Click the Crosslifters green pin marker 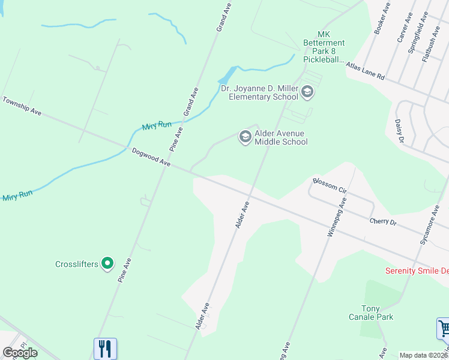point(107,263)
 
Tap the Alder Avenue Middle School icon point(245,137)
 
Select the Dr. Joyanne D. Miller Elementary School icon point(307,92)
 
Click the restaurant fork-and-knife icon point(105,348)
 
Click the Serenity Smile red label point(417,271)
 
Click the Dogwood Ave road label point(152,158)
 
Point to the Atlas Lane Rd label point(364,74)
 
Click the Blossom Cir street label point(330,185)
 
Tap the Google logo point(20,353)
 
